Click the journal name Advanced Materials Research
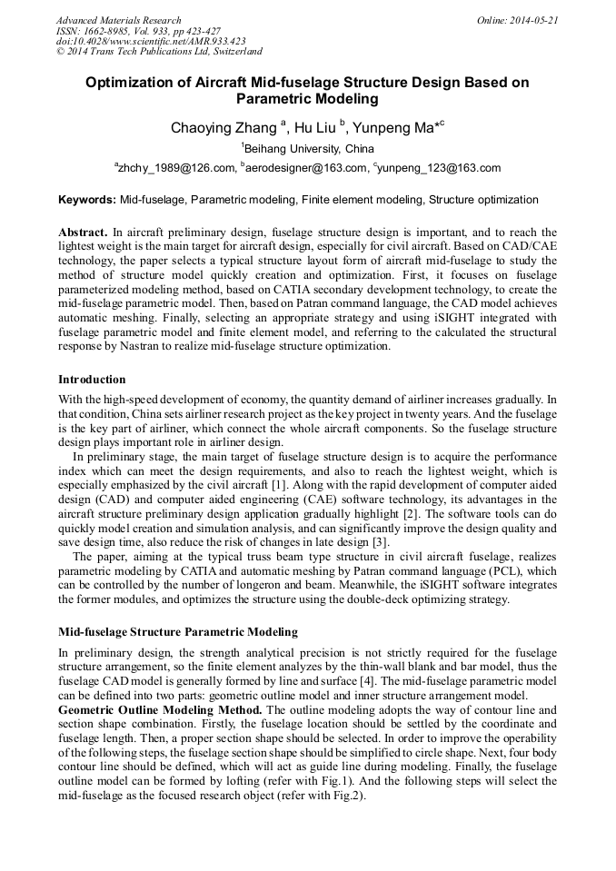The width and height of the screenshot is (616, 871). [118, 20]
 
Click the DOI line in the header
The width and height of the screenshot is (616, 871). [150, 41]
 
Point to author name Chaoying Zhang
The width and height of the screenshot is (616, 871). [224, 128]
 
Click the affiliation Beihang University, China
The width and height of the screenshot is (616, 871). [309, 149]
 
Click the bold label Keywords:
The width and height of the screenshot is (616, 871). [87, 200]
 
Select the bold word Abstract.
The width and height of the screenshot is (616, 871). [83, 233]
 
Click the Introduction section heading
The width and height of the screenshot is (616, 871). [92, 379]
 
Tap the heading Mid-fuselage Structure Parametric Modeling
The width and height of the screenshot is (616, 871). [177, 631]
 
